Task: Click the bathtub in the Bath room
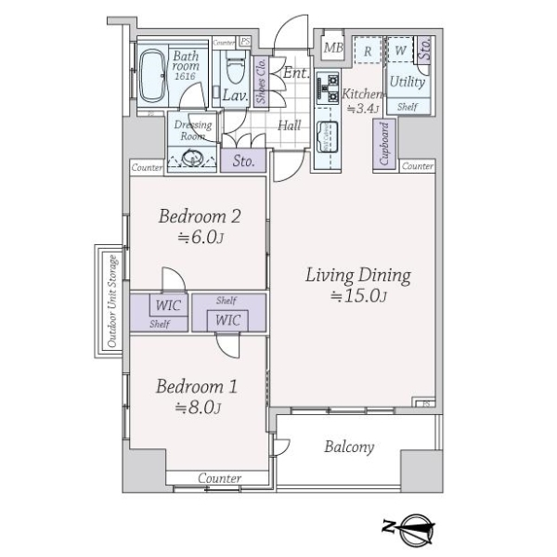(x=151, y=73)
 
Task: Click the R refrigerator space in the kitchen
(x=368, y=51)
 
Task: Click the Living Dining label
(x=357, y=276)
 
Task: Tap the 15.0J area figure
(x=357, y=297)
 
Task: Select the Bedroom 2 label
(x=201, y=216)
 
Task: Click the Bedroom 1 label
(x=190, y=386)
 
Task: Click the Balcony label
(x=349, y=447)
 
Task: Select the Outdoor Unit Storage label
(x=111, y=300)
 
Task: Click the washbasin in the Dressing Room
(x=194, y=159)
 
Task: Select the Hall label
(x=289, y=125)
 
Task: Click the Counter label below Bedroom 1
(x=220, y=479)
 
